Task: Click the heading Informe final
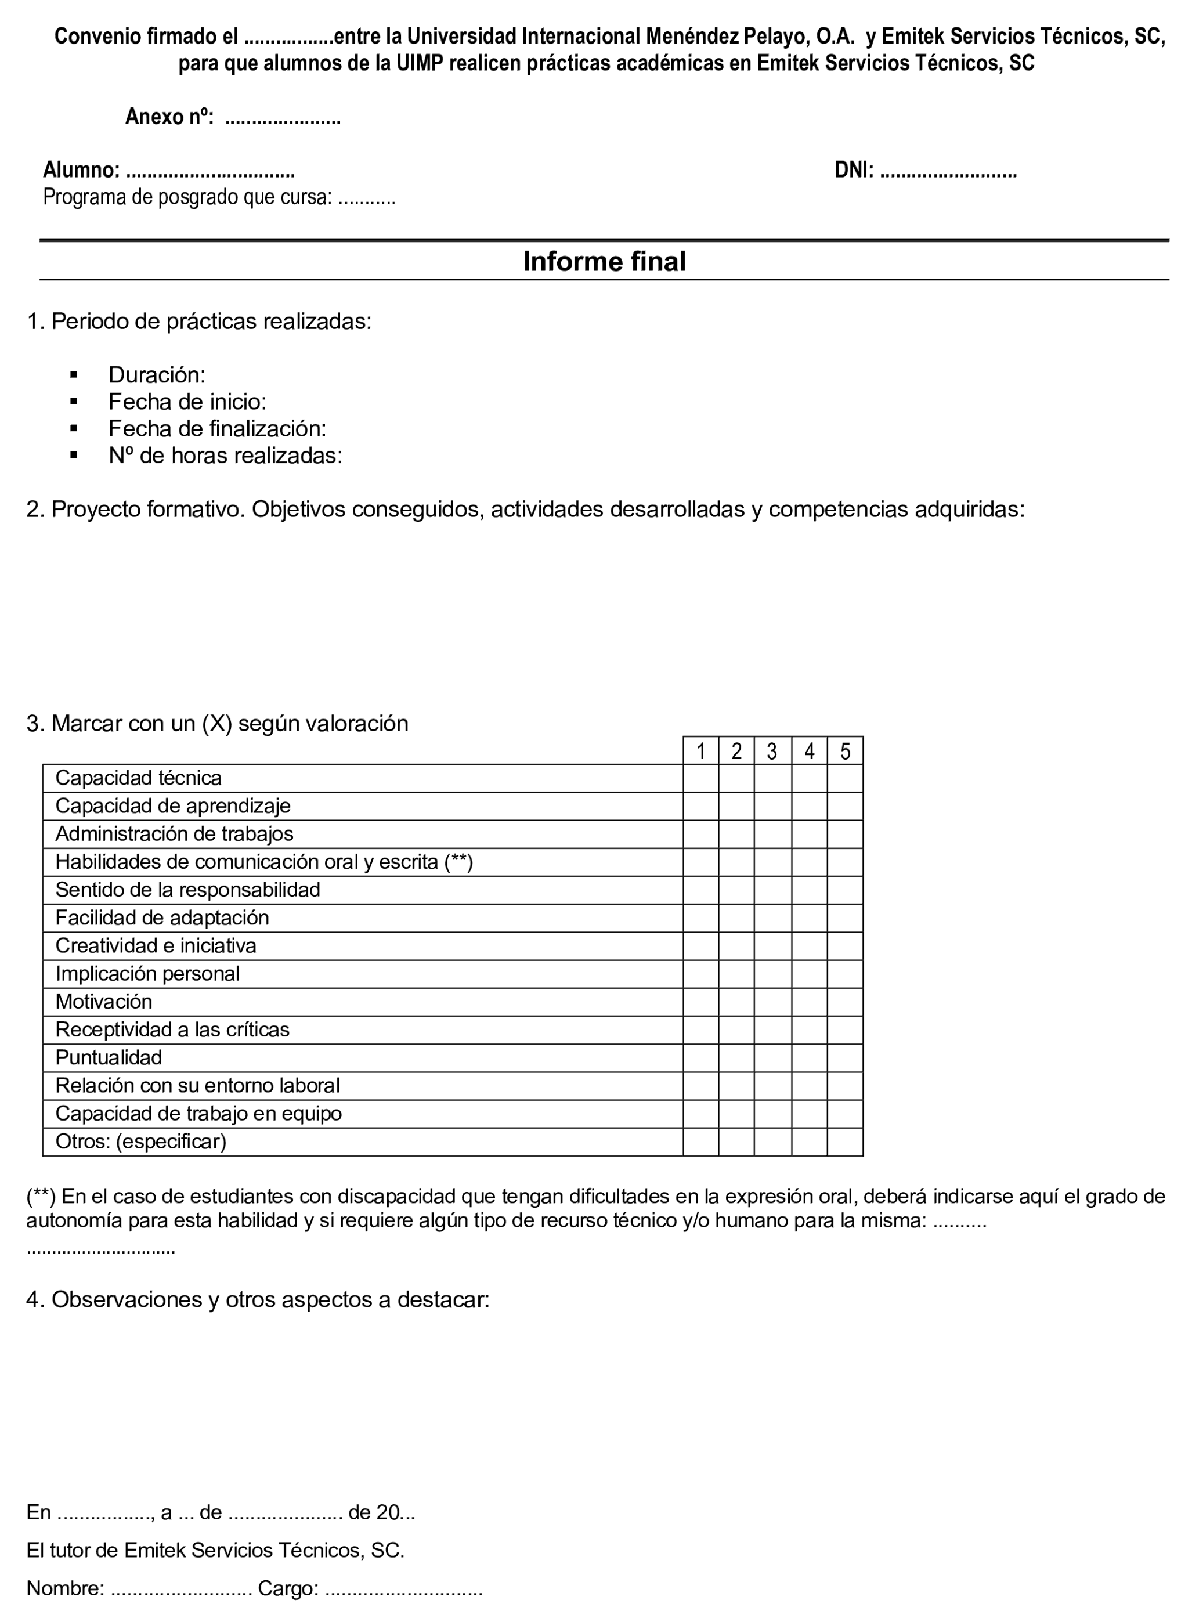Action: (604, 261)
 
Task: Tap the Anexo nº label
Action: (169, 117)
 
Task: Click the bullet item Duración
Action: (157, 374)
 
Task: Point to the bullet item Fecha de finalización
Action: (217, 428)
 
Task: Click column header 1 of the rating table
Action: (700, 752)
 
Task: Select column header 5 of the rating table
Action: (845, 752)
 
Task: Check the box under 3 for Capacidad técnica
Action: (772, 778)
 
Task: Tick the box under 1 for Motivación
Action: (700, 1002)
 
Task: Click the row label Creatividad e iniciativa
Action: (156, 946)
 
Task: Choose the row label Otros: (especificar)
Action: (140, 1142)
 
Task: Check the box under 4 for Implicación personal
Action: (809, 974)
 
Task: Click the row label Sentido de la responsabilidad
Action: (187, 890)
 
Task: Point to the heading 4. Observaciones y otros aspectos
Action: (258, 1299)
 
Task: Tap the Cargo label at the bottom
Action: (288, 1588)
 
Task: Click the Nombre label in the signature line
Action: (65, 1588)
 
